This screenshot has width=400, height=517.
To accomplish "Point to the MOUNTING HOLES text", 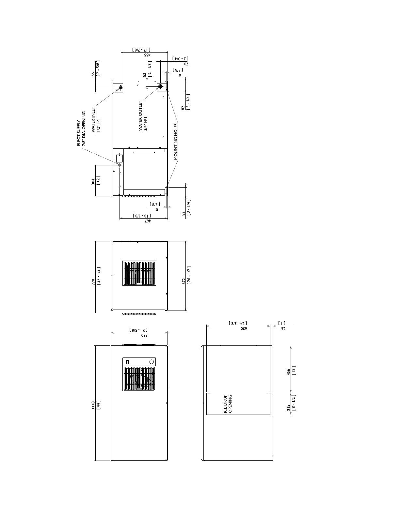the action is click(176, 142).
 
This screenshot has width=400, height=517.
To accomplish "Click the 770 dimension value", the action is click(93, 282).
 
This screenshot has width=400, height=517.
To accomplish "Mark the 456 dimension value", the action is click(289, 373).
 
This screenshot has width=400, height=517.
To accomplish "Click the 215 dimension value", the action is click(289, 407).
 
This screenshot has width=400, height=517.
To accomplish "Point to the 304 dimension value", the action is click(93, 182).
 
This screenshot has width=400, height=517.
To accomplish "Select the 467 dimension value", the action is click(148, 221).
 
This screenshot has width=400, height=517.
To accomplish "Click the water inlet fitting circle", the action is click(121, 88).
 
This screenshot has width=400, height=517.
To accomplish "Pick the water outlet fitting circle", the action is click(160, 86).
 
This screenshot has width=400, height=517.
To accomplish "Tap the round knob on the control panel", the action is click(152, 362).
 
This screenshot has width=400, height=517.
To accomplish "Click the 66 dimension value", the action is click(93, 74).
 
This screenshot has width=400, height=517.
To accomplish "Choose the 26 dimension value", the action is click(283, 328).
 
